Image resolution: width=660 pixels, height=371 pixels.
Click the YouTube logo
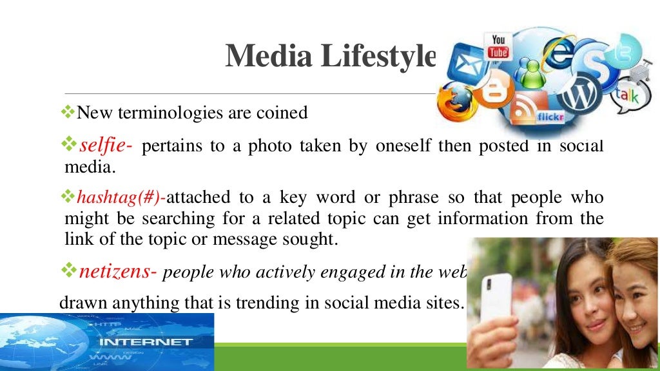[x=498, y=46]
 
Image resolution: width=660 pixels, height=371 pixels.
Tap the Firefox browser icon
[x=455, y=102]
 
